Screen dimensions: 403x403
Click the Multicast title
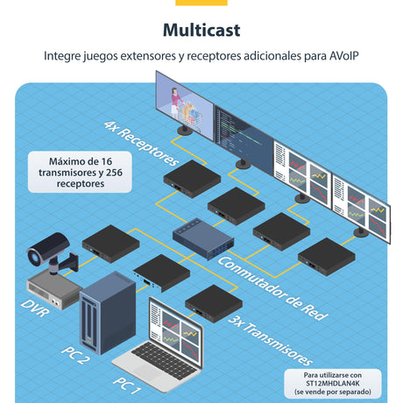pyautogui.click(x=201, y=30)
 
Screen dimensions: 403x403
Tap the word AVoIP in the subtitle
pyautogui.click(x=343, y=55)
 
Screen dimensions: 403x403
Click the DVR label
pyautogui.click(x=35, y=308)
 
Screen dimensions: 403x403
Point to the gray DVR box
pyautogui.click(x=54, y=289)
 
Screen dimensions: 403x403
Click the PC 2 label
pyautogui.click(x=75, y=355)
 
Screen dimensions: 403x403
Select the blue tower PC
pyautogui.click(x=108, y=313)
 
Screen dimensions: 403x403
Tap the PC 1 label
pyautogui.click(x=127, y=385)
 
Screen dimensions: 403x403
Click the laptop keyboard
pyautogui.click(x=165, y=361)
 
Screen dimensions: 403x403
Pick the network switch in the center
pyautogui.click(x=203, y=238)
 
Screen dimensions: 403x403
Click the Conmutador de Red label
pyautogui.click(x=273, y=289)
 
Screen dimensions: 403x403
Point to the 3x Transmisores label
pyautogui.click(x=271, y=341)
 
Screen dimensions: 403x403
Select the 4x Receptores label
pyautogui.click(x=141, y=144)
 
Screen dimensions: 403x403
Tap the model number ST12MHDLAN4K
pyautogui.click(x=333, y=383)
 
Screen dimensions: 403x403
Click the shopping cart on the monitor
pyautogui.click(x=192, y=115)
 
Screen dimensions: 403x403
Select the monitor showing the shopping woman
pyautogui.click(x=185, y=106)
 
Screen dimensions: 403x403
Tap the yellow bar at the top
pyautogui.click(x=201, y=3)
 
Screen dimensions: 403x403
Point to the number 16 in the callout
pyautogui.click(x=107, y=161)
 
